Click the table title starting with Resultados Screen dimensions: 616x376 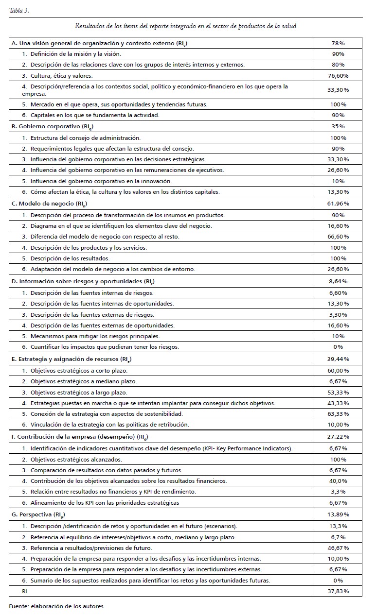point(185,26)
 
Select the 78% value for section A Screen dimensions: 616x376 point(339,43)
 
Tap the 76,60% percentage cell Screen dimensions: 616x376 point(339,75)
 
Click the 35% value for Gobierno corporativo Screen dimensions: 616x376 point(339,126)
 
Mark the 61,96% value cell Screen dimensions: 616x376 point(339,204)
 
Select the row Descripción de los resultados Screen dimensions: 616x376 point(70,258)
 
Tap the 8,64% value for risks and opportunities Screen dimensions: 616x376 point(339,281)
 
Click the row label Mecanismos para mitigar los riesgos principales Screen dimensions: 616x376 point(95,336)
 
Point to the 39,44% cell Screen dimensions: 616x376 point(339,359)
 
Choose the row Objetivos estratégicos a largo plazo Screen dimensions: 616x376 point(79,392)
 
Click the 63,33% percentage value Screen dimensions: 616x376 point(339,413)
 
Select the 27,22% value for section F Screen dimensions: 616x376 point(339,437)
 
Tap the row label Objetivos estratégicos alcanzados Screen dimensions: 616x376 point(76,459)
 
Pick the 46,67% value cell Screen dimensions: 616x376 point(339,548)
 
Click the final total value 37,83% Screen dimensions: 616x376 point(339,591)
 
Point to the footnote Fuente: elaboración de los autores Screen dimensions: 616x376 point(56,606)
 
